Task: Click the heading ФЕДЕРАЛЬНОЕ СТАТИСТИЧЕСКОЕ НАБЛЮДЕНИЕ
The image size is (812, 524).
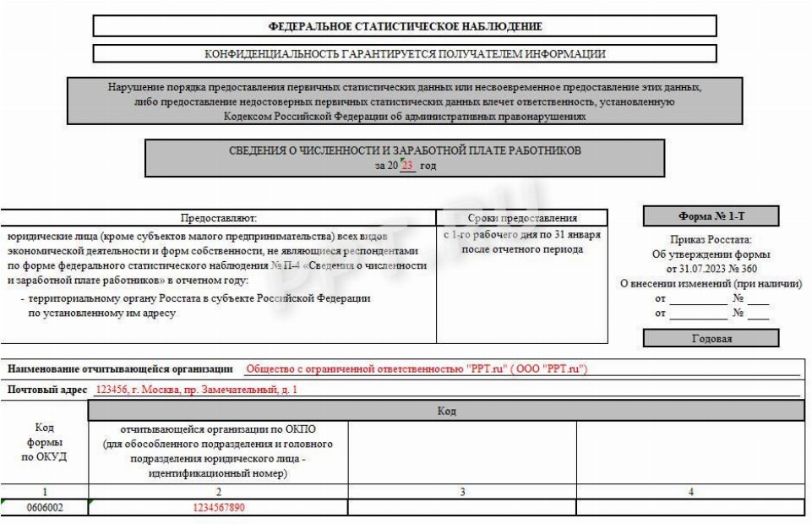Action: click(405, 26)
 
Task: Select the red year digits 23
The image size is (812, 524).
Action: click(407, 166)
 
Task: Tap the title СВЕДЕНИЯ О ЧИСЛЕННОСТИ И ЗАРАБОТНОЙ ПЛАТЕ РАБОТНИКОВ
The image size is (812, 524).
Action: click(405, 150)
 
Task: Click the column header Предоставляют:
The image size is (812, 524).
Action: click(218, 218)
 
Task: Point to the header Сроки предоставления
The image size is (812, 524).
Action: click(521, 218)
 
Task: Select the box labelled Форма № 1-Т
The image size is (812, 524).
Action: click(711, 216)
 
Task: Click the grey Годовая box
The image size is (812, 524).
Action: click(711, 339)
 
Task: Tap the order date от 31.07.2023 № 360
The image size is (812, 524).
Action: click(711, 269)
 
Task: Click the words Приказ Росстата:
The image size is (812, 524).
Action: click(711, 240)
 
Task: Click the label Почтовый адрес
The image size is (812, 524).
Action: click(47, 390)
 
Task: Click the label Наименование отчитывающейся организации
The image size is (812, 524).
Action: click(120, 369)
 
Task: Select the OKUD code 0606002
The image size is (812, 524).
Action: click(45, 508)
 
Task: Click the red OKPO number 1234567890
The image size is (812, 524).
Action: click(219, 508)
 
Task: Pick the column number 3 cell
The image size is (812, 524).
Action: click(462, 492)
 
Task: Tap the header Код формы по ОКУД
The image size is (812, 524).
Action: click(45, 442)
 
